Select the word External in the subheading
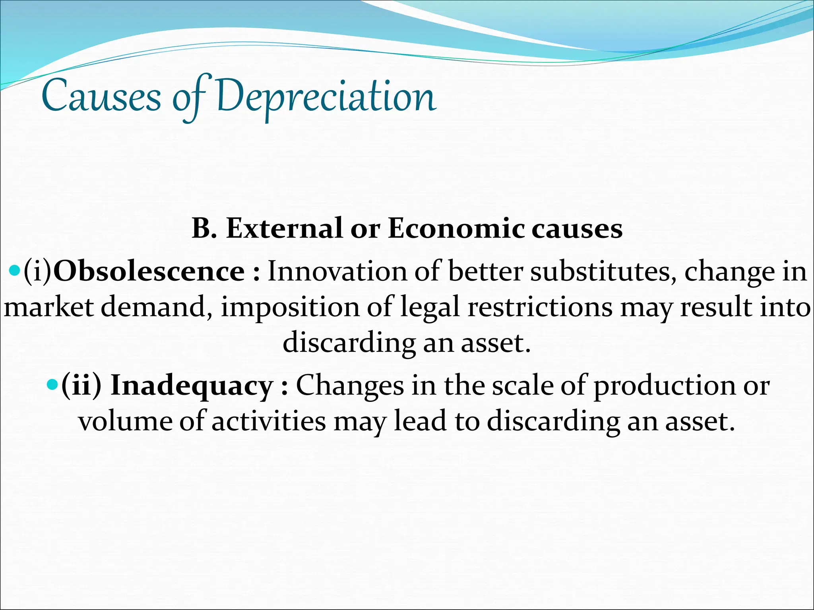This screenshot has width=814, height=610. [x=284, y=229]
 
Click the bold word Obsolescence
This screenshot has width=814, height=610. [x=149, y=272]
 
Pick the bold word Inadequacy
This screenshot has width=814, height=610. [x=192, y=386]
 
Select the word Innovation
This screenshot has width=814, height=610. [x=337, y=272]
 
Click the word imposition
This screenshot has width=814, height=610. [x=290, y=308]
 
